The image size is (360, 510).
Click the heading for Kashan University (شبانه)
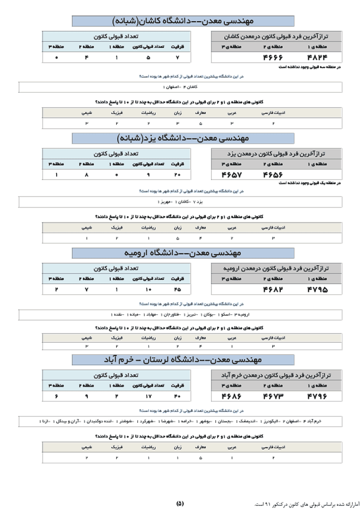pos(183,21)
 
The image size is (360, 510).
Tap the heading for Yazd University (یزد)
pos(183,138)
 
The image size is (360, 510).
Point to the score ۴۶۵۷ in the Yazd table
pos(231,174)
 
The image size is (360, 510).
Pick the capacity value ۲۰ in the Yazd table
pos(178,174)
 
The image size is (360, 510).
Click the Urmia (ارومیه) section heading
pos(183,253)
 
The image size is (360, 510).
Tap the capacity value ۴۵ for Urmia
pos(178,289)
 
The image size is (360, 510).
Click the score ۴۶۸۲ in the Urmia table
pos(273,289)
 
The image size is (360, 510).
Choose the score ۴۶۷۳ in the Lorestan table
pos(273,396)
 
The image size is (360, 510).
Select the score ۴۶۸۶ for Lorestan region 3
pos(231,396)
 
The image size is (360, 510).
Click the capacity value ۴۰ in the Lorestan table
pos(178,396)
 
